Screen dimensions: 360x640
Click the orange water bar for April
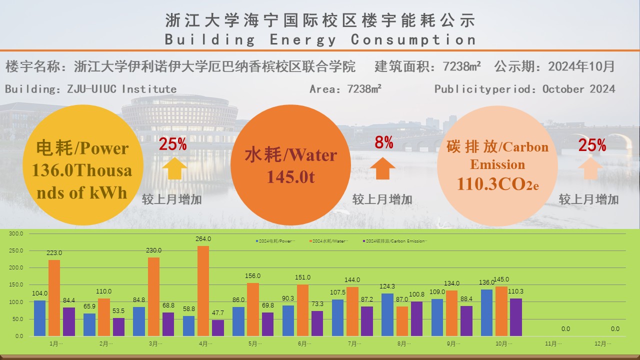pyautogui.click(x=203, y=291)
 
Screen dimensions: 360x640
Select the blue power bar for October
pyautogui.click(x=487, y=312)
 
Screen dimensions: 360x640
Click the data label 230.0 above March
pyautogui.click(x=154, y=250)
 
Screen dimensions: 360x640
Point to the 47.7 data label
pyautogui.click(x=218, y=313)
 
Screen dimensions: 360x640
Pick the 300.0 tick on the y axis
pyautogui.click(x=16, y=233)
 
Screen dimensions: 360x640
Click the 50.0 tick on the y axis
pyautogui.click(x=17, y=319)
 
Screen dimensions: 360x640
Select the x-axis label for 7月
pyautogui.click(x=354, y=344)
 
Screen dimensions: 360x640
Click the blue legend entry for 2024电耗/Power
pyautogui.click(x=275, y=241)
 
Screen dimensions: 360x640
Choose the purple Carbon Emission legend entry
pyautogui.click(x=395, y=241)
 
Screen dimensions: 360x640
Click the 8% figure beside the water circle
pyautogui.click(x=384, y=143)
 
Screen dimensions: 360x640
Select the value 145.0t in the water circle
pyautogui.click(x=290, y=177)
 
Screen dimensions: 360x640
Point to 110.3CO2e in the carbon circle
pyautogui.click(x=497, y=184)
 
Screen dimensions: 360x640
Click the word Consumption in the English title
pyautogui.click(x=413, y=39)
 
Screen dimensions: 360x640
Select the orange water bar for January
pyautogui.click(x=54, y=298)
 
